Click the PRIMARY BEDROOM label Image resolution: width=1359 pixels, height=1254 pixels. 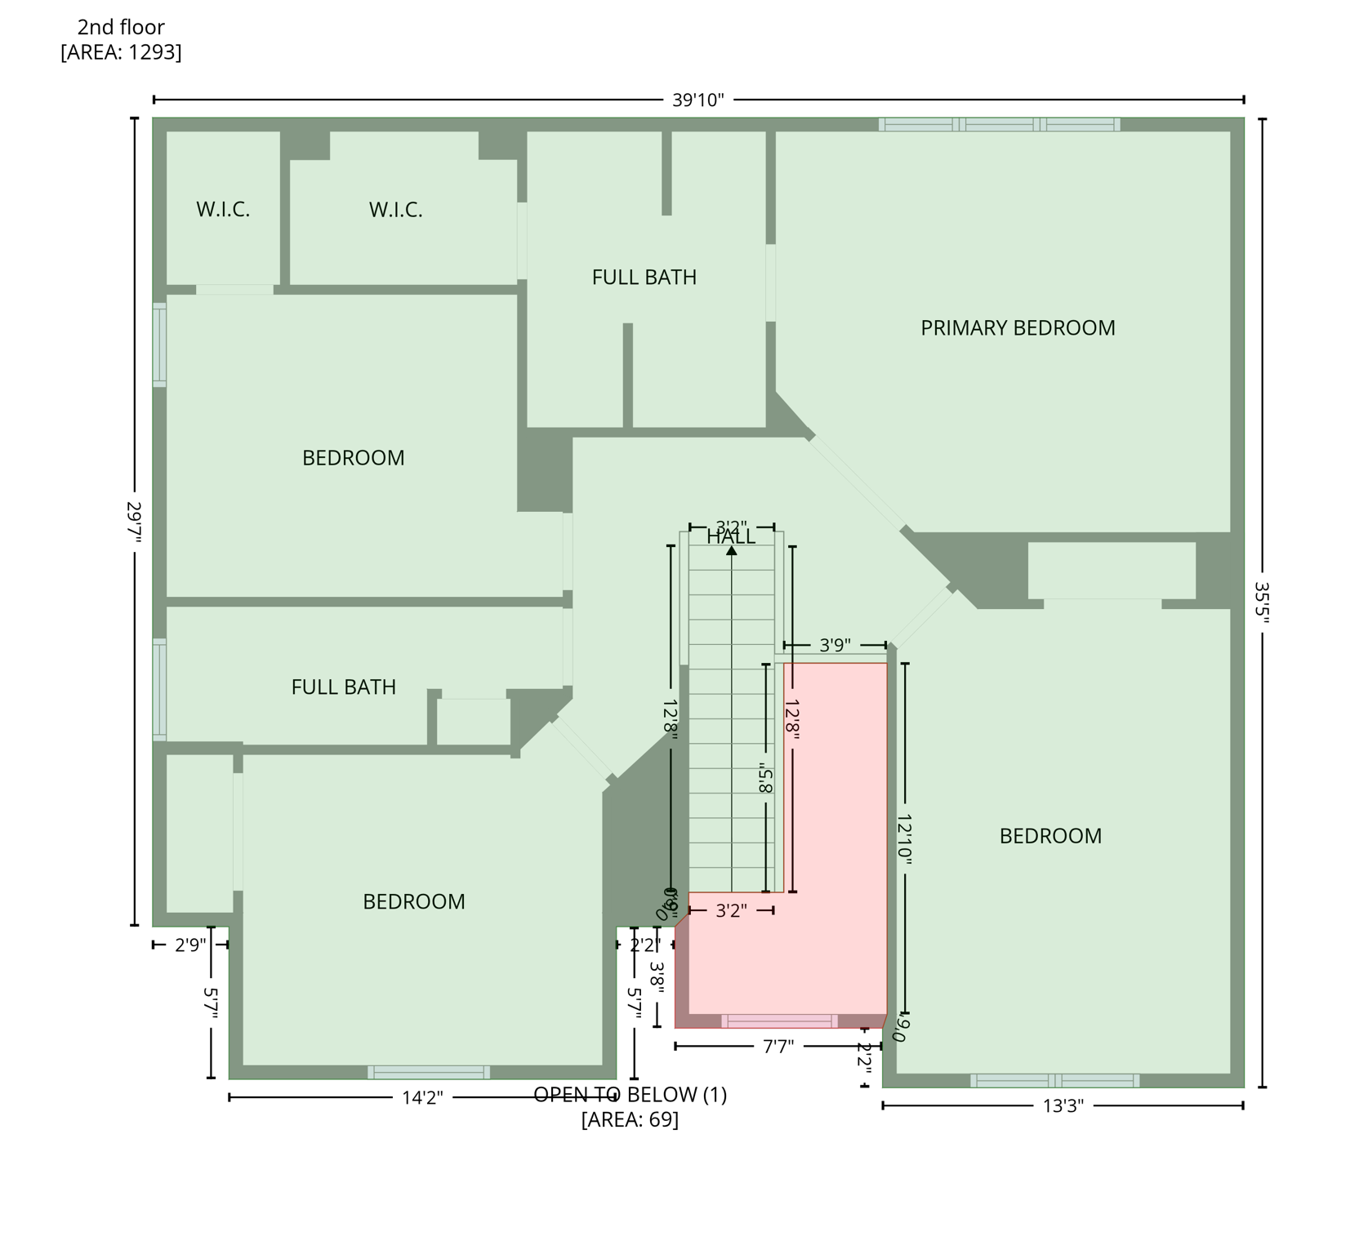[x=1018, y=328]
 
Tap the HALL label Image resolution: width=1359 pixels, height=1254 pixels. [x=731, y=538]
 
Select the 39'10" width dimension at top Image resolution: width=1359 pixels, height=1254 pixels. [x=697, y=100]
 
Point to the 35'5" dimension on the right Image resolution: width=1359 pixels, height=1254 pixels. [x=1262, y=603]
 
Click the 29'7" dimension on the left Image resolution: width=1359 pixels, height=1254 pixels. [x=135, y=522]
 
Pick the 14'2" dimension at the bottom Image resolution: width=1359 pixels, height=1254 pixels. [x=422, y=1098]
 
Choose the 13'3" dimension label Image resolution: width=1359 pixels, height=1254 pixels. [x=1063, y=1106]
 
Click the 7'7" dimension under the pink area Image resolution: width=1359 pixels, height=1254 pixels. [x=778, y=1047]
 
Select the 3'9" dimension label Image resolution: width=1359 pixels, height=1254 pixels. [x=835, y=646]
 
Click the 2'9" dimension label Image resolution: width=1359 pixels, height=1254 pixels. [x=190, y=945]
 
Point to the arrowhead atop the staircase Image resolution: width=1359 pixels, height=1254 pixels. [x=732, y=551]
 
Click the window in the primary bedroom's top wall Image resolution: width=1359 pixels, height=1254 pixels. [x=999, y=125]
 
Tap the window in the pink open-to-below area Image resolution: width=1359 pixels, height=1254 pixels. [x=779, y=1021]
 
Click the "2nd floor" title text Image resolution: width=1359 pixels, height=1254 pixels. [x=121, y=28]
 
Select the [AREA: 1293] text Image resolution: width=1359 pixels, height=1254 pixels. [x=121, y=52]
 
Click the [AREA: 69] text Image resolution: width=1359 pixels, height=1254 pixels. [x=630, y=1119]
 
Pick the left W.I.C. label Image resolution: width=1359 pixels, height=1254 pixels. [x=223, y=210]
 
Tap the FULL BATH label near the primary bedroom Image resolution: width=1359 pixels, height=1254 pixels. [x=644, y=278]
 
